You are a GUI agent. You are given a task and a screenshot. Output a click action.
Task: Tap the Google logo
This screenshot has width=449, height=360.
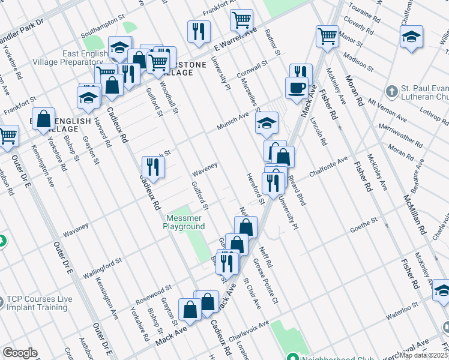click(20, 353)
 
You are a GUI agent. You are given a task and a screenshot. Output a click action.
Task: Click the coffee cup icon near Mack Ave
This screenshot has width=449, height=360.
click(297, 88)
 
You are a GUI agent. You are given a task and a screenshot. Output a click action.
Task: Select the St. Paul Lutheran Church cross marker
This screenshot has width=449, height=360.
click(392, 92)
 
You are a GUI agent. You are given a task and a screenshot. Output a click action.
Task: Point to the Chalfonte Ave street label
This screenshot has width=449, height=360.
click(328, 167)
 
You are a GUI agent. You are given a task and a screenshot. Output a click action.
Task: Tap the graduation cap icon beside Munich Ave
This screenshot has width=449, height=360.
click(267, 124)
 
